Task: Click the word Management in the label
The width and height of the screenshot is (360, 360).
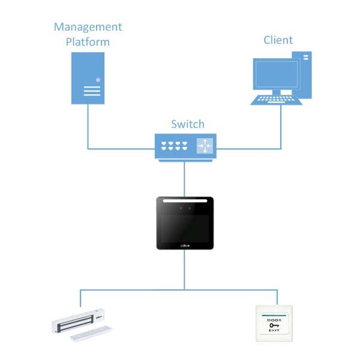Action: pos(88,27)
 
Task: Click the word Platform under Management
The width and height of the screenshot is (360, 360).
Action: pos(88,42)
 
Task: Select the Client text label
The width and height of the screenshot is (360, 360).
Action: pos(278,40)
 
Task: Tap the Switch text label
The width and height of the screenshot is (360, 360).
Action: pos(187,124)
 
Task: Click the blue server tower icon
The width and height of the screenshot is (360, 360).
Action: pos(88,77)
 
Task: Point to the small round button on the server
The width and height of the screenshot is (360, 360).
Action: pos(98,79)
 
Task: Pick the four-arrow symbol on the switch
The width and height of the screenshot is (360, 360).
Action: pos(205,145)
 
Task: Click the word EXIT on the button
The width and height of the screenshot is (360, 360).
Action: pos(274,331)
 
